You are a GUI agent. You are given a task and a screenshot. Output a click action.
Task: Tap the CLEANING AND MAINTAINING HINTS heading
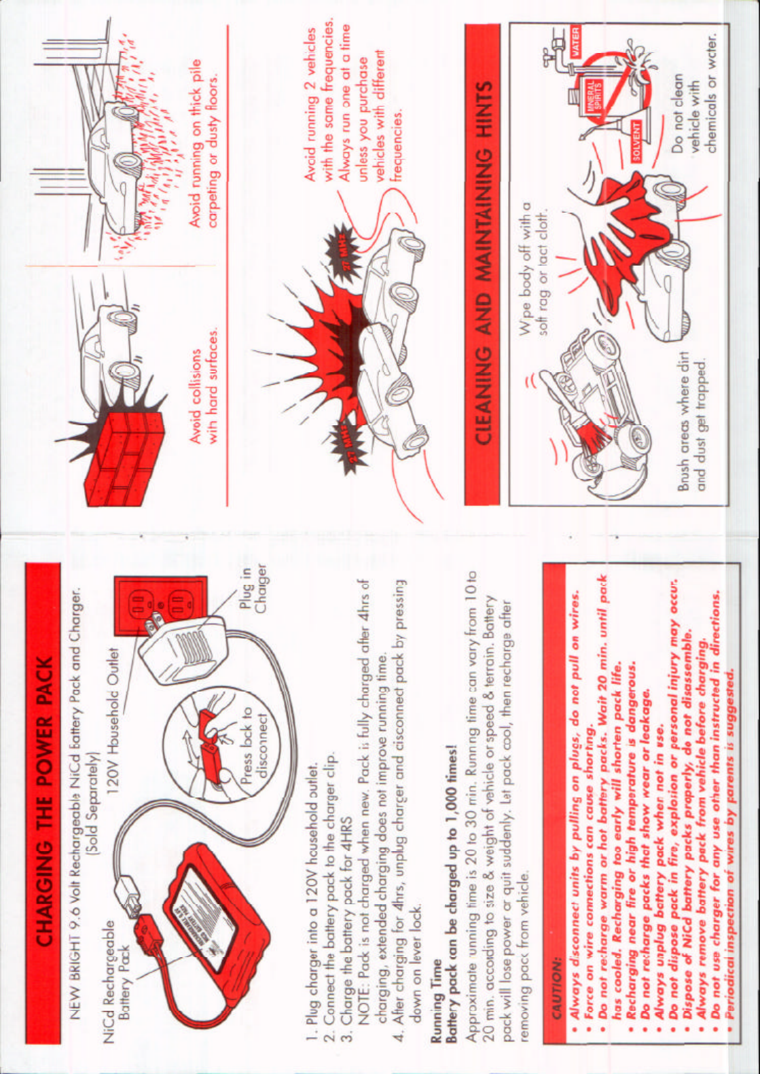[x=483, y=264]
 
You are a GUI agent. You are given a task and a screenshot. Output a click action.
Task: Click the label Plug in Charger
[x=253, y=590]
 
